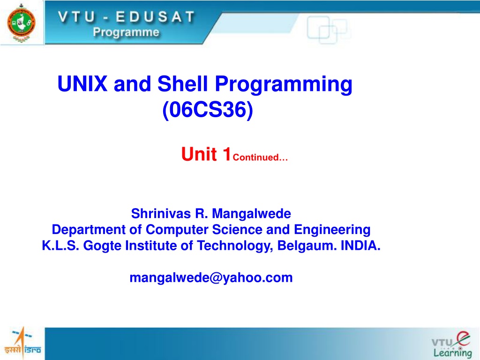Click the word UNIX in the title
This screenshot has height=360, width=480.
pyautogui.click(x=82, y=83)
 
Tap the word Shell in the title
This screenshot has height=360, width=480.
pyautogui.click(x=182, y=83)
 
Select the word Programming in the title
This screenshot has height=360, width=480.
pyautogui.click(x=284, y=85)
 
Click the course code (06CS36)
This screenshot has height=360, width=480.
pyautogui.click(x=208, y=110)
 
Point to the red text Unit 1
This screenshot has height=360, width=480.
pyautogui.click(x=206, y=154)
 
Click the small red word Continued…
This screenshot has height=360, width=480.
pyautogui.click(x=260, y=157)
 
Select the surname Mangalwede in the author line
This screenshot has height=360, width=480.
pyautogui.click(x=251, y=214)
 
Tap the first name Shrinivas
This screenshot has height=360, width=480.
pyautogui.click(x=161, y=213)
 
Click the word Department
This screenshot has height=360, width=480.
pyautogui.click(x=89, y=230)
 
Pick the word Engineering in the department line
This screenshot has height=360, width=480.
pyautogui.click(x=332, y=230)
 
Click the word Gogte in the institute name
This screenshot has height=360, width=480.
pyautogui.click(x=102, y=246)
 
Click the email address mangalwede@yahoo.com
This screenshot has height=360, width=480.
pyautogui.click(x=211, y=277)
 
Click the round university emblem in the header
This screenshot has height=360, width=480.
pyautogui.click(x=21, y=22)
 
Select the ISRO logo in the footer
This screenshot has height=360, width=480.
pyautogui.click(x=22, y=343)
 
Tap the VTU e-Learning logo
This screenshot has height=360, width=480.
pyautogui.click(x=451, y=345)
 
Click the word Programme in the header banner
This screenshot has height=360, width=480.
pyautogui.click(x=126, y=32)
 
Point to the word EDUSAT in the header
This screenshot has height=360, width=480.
pyautogui.click(x=155, y=16)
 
